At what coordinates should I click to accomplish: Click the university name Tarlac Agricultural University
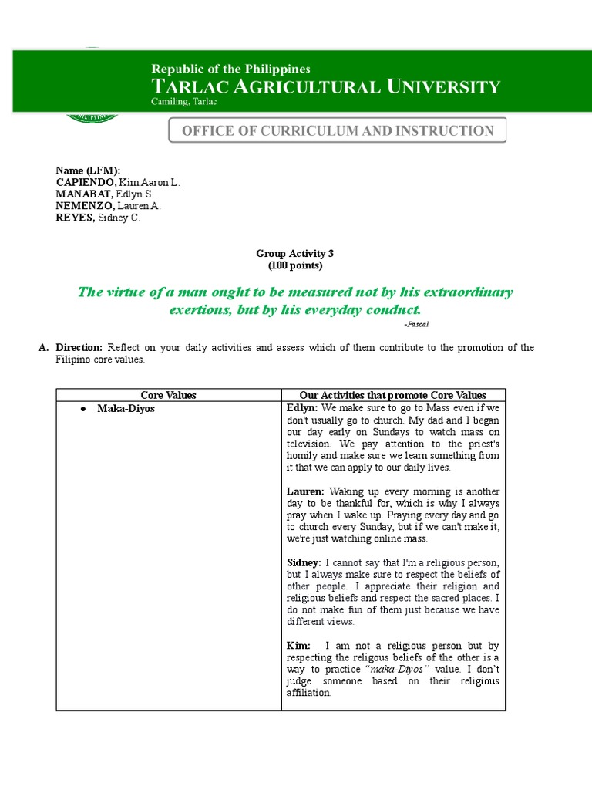coord(325,86)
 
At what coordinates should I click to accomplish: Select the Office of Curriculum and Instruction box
coord(338,131)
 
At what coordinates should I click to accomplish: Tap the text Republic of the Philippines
coord(230,69)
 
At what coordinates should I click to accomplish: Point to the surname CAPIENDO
coord(85,182)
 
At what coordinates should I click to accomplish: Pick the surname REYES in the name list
coord(74,218)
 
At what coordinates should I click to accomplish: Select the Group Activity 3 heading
coord(294,253)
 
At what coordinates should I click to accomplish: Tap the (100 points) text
coord(294,265)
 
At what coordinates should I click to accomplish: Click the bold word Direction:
coord(79,348)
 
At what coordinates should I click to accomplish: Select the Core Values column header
coord(168,395)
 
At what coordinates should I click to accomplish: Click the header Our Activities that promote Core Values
coord(392,395)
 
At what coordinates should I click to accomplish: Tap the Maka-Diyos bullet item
coord(126,408)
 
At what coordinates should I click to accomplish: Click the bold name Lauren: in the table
coord(306,491)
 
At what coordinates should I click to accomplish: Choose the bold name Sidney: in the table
coord(304,563)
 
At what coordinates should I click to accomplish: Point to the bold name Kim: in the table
coord(298,646)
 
